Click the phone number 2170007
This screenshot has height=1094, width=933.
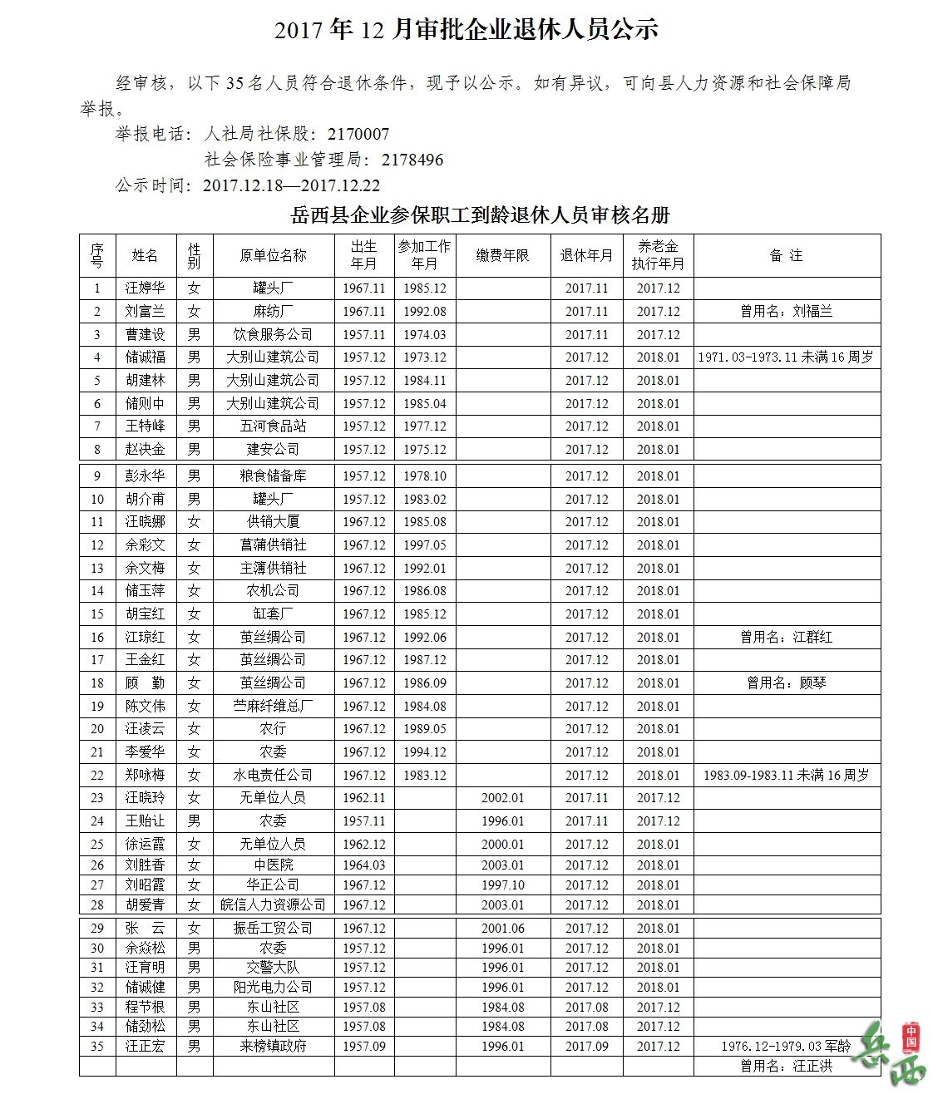[x=358, y=134]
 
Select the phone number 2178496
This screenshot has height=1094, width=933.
[x=412, y=160]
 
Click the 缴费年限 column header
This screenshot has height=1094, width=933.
[x=502, y=255]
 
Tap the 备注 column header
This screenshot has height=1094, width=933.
[x=786, y=255]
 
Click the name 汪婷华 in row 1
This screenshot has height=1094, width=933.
[x=145, y=288]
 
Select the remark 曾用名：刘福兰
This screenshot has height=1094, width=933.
[x=786, y=312]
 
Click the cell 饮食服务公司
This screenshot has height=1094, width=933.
[x=273, y=334]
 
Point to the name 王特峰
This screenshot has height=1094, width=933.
[x=145, y=426]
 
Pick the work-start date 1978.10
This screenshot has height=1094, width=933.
[x=424, y=476]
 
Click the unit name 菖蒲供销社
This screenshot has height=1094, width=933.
[x=273, y=545]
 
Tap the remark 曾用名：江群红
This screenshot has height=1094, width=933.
[x=786, y=638]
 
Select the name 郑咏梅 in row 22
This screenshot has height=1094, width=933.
[x=145, y=775]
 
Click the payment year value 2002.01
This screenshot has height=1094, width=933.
[x=502, y=798]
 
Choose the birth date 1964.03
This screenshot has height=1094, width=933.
[x=363, y=865]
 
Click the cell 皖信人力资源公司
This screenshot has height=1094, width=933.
[x=273, y=904]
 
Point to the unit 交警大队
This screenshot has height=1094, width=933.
[x=273, y=968]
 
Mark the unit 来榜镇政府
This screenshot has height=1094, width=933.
[x=273, y=1047]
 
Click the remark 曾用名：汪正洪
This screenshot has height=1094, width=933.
[x=786, y=1066]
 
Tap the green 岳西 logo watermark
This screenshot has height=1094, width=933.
[x=893, y=1054]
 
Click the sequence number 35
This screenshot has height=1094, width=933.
[x=97, y=1047]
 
